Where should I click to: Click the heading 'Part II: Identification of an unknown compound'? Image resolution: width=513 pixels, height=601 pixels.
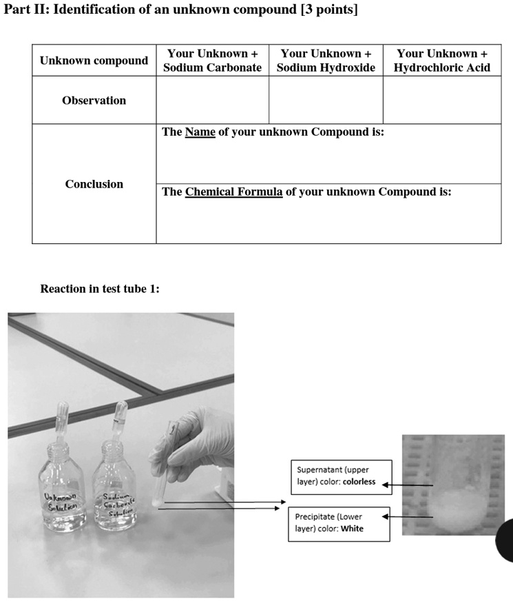[x=181, y=10]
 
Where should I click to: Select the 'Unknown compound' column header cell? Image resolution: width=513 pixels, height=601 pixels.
[x=94, y=61]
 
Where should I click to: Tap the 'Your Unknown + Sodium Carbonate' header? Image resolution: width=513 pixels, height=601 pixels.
[x=212, y=61]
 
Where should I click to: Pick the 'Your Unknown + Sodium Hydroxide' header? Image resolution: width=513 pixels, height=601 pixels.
[x=326, y=61]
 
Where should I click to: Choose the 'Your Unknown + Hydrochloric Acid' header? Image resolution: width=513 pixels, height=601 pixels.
[x=441, y=61]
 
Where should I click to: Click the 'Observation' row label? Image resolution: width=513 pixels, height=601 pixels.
[x=94, y=101]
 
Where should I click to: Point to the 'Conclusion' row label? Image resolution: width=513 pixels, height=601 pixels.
[x=94, y=184]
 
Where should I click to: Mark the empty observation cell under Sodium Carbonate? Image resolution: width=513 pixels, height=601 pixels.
[x=212, y=101]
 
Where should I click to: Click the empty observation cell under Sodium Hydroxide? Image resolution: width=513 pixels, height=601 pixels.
[x=326, y=101]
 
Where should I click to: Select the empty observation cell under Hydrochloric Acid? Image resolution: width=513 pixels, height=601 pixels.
[x=441, y=101]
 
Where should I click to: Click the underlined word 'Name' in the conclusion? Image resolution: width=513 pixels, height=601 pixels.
[x=200, y=132]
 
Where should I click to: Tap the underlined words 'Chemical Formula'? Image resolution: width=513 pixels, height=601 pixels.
[x=233, y=192]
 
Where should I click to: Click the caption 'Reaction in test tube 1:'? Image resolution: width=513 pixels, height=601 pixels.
[x=100, y=289]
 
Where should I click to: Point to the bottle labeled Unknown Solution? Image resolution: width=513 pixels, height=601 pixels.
[x=60, y=489]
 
